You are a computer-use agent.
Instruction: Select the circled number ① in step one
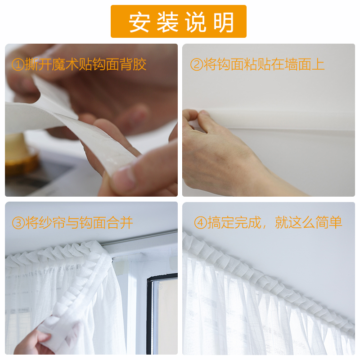click(x=18, y=65)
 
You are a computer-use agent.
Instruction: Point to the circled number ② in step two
click(x=197, y=65)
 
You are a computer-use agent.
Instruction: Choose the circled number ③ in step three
click(x=18, y=222)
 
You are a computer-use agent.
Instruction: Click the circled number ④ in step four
click(x=200, y=222)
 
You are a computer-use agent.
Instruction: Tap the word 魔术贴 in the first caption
click(x=72, y=65)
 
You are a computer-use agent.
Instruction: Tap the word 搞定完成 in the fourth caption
click(x=234, y=222)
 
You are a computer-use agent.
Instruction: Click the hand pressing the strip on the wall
click(x=216, y=153)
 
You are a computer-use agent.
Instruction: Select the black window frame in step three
click(x=149, y=315)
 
